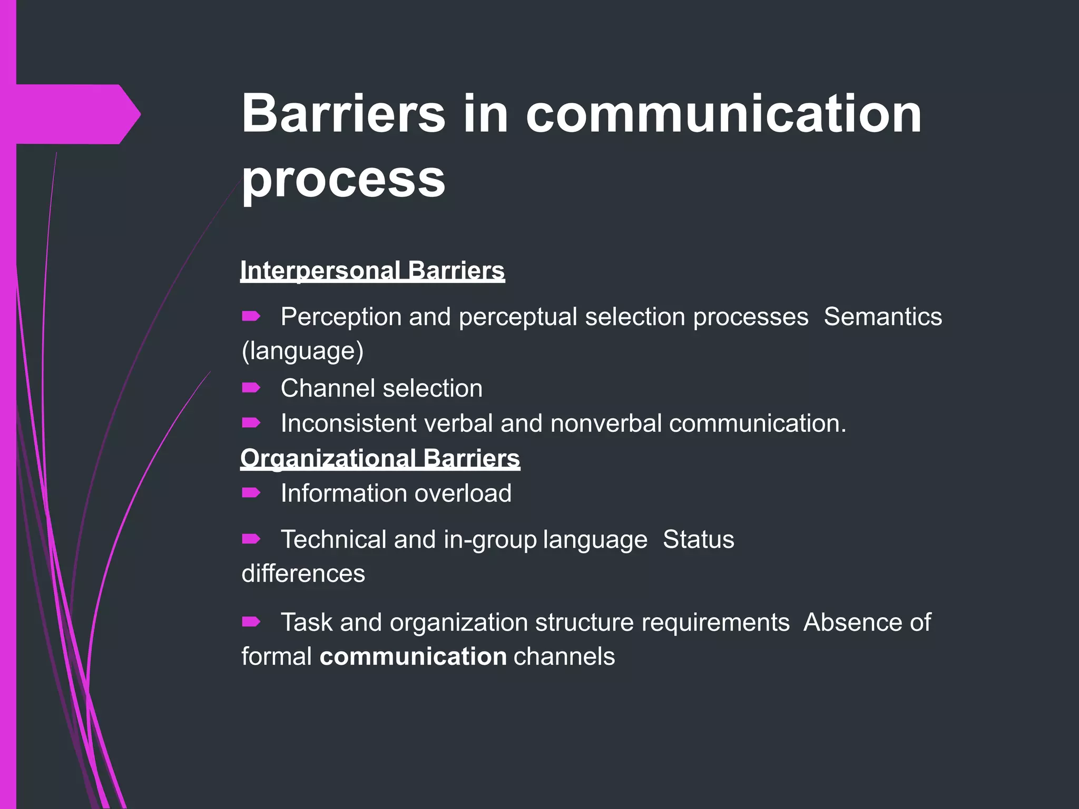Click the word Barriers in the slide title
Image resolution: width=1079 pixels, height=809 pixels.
point(344,114)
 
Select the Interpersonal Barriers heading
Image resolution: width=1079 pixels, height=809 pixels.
point(372,271)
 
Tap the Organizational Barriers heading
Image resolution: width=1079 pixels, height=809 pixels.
point(380,458)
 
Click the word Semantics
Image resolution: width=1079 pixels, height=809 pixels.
point(882,317)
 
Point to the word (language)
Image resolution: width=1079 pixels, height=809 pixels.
point(302,351)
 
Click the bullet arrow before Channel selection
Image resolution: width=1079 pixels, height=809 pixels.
point(251,388)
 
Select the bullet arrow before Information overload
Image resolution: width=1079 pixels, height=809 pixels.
point(251,493)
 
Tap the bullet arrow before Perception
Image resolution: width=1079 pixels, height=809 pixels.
point(251,316)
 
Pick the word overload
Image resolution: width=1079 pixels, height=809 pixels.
point(463,494)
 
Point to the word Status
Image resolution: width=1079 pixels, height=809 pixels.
point(698,539)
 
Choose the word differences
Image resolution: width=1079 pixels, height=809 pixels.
point(303,574)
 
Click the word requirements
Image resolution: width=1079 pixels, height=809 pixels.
point(715,623)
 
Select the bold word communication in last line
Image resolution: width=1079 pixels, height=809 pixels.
point(413,657)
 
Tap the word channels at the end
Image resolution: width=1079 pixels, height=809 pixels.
point(564,657)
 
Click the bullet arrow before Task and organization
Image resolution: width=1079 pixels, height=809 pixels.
point(251,622)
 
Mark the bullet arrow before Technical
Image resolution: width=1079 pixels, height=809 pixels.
point(251,539)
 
